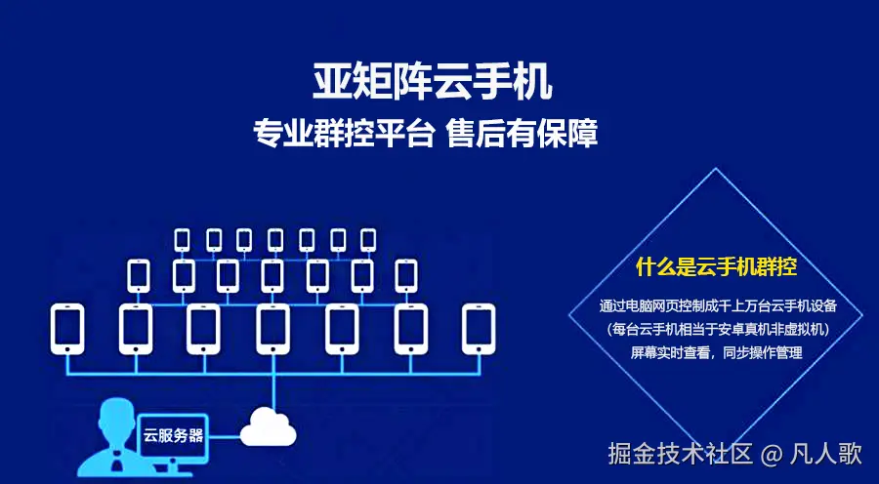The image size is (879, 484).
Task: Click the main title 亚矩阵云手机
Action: pos(433,81)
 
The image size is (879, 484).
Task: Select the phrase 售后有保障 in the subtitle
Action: pos(522,134)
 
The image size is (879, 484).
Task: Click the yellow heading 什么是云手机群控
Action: pos(717,265)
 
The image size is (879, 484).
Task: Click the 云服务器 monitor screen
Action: pos(174,434)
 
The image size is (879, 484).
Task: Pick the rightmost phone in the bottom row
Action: pos(479,329)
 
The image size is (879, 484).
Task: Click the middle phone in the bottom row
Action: pos(272,329)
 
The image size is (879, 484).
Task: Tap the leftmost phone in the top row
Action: pos(182,239)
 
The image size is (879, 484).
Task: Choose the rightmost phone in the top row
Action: pos(368,239)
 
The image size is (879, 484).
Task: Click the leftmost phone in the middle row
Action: pos(138,275)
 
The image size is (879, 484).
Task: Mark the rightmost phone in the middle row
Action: pos(405,275)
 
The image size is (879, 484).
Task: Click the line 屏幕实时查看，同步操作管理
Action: pos(716,352)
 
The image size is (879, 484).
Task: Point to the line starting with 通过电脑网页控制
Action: pos(717,306)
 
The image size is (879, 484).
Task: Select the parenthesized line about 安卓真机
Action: pos(717,330)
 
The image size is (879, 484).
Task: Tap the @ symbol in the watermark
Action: pos(773,455)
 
